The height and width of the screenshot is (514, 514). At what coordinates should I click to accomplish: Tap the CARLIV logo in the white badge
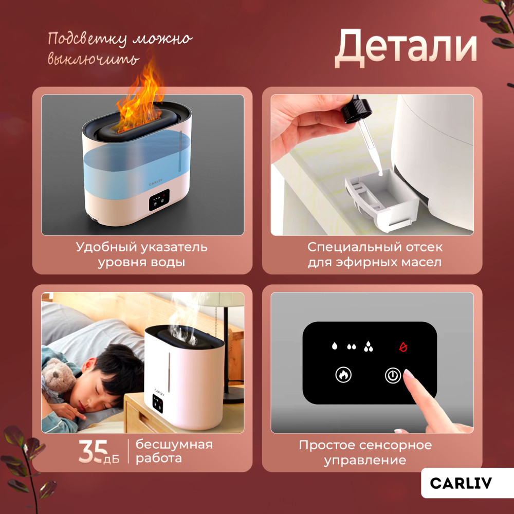tap(461, 483)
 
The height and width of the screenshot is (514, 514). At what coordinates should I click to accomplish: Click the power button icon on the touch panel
tap(393, 375)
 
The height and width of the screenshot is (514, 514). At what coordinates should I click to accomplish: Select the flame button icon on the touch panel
tap(343, 375)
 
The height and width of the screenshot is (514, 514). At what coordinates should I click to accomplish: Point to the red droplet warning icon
tap(403, 347)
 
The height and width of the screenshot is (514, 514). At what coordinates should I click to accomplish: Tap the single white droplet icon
tap(335, 346)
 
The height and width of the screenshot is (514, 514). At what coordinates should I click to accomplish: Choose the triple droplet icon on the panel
tap(369, 346)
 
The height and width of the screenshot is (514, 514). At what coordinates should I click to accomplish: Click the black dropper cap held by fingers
tap(357, 109)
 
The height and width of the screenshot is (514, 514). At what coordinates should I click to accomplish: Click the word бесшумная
tap(174, 445)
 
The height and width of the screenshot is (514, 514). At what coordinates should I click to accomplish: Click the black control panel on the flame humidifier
tap(159, 199)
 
